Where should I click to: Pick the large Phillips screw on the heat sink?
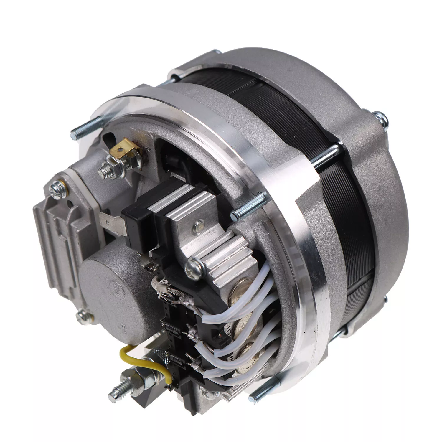click(x=195, y=267)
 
